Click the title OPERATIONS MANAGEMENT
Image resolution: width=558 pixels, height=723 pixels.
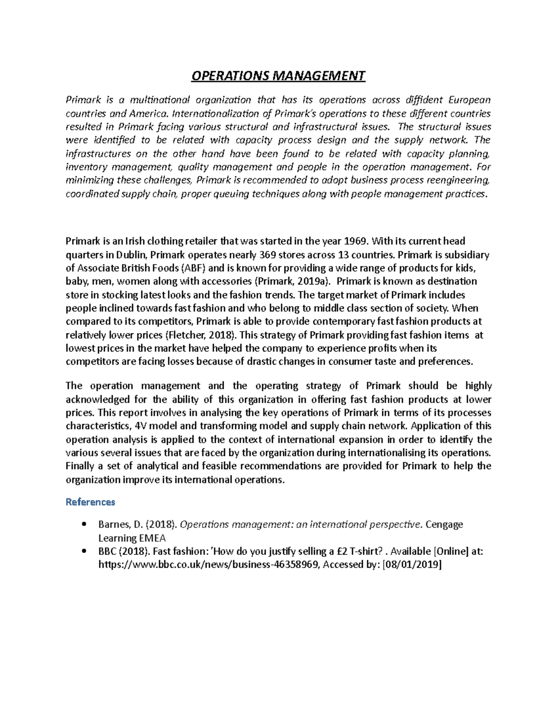[278, 76]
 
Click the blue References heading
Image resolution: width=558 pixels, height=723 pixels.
[90, 502]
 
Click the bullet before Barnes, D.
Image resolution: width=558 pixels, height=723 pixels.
[84, 524]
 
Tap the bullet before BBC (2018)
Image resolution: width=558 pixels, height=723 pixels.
[84, 551]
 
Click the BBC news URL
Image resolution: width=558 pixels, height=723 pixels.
[208, 565]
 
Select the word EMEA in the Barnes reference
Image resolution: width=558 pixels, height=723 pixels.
[152, 538]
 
